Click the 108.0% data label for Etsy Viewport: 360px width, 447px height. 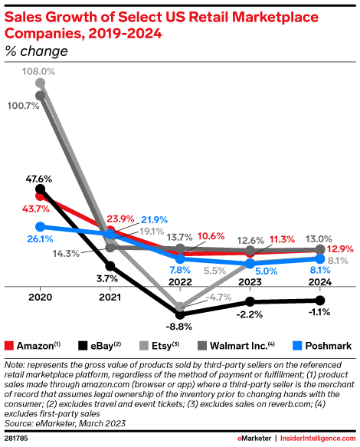pos(39,71)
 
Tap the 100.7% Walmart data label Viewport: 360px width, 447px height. pos(23,106)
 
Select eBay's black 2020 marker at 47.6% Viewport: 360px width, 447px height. pos(41,189)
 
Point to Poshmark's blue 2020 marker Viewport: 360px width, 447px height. pos(41,227)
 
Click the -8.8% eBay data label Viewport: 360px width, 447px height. pos(179,327)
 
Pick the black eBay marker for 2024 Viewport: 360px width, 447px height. pos(320,301)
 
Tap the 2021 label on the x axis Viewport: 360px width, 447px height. pos(110,297)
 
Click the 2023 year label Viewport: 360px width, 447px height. pos(250,282)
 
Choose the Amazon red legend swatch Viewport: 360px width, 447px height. pos(9,346)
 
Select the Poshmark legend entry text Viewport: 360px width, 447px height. pos(329,346)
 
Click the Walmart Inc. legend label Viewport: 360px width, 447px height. pos(242,346)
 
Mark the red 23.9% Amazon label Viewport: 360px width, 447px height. pos(120,219)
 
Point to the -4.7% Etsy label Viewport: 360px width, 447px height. pos(218,297)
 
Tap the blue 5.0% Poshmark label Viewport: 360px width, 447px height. pos(267,271)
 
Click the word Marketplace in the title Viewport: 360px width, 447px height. pos(275,17)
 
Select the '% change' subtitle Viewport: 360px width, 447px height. pos(37,51)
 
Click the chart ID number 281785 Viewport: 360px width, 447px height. pos(16,438)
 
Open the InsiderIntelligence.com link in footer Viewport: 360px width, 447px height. pos(318,438)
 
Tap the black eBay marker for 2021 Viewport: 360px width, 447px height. pos(110,266)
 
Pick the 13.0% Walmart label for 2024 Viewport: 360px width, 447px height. pos(319,239)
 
